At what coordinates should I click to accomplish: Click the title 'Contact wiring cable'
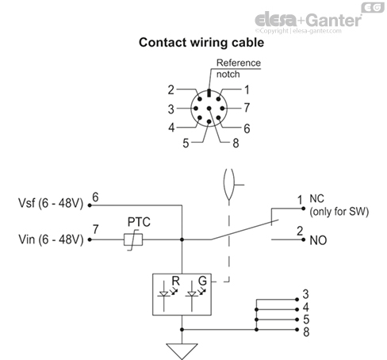click(194, 43)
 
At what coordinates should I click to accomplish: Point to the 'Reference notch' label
click(239, 69)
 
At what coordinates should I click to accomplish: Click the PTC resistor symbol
click(131, 239)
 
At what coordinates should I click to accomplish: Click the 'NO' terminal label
click(316, 238)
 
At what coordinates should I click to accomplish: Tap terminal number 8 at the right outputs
click(306, 331)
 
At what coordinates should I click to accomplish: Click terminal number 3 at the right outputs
click(306, 294)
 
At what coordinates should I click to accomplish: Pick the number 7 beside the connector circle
click(247, 105)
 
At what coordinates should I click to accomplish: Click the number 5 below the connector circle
click(186, 144)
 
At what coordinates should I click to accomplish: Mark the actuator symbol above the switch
click(228, 184)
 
